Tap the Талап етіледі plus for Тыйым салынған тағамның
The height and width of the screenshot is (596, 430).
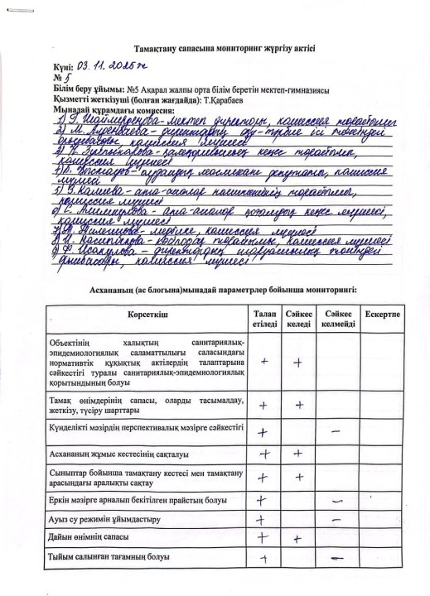click(263, 559)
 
